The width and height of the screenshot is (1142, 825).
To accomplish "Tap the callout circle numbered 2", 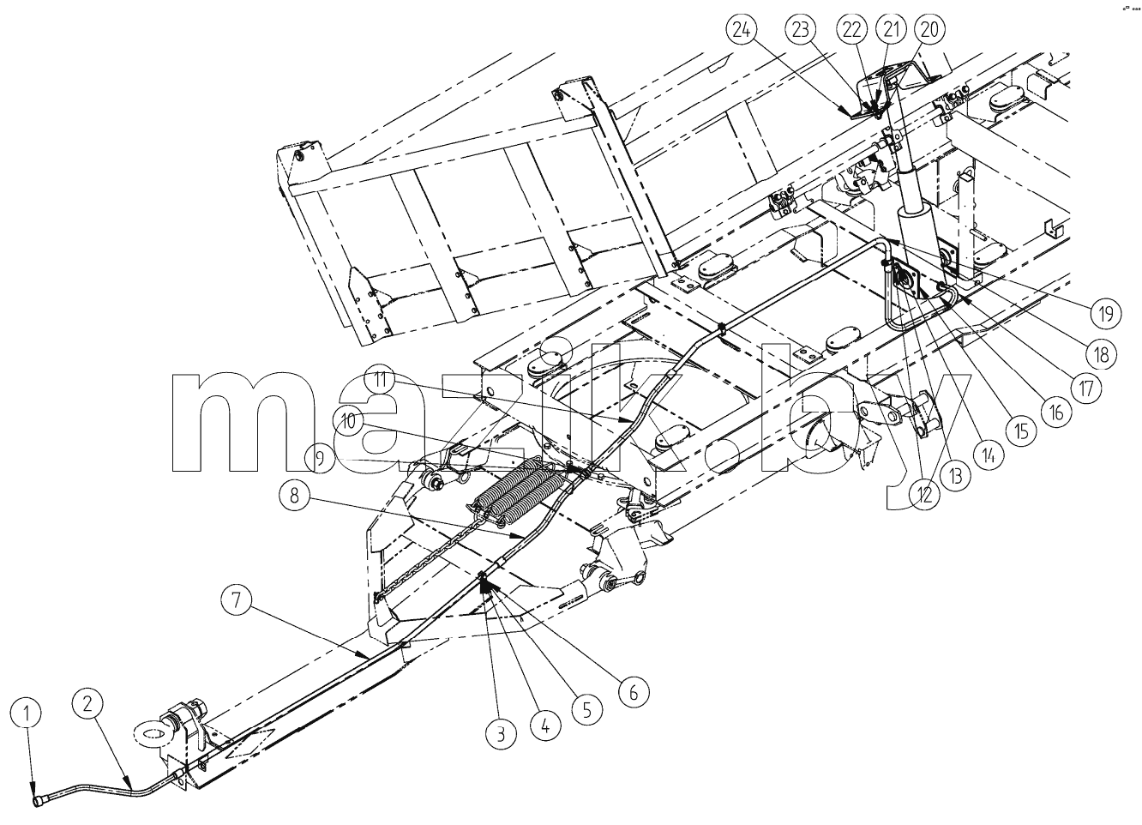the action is (88, 705).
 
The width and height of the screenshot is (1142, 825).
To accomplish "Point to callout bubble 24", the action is (742, 31).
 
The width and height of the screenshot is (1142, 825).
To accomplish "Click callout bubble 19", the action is (1106, 312).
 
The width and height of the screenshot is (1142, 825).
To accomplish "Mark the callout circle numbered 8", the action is (295, 496).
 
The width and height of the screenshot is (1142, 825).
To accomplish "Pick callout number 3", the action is (502, 735).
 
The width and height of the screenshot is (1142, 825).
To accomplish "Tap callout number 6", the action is (634, 693).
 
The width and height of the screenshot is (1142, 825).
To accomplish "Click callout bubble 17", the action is (1086, 388).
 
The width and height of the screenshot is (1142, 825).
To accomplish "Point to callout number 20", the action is (929, 30).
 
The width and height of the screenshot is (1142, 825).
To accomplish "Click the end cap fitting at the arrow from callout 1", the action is (39, 802).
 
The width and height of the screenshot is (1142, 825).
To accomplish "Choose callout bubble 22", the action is (852, 30).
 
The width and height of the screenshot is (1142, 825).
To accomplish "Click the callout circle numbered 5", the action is (586, 711).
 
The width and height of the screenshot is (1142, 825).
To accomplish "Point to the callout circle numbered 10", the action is (348, 422).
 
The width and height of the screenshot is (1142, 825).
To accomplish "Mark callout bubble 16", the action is (1057, 412).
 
